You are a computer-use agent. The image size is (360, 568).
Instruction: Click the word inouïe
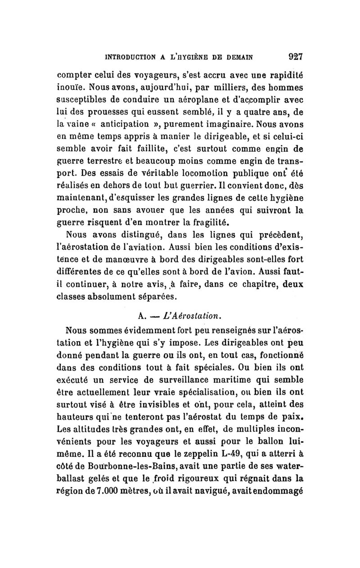(68, 85)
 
